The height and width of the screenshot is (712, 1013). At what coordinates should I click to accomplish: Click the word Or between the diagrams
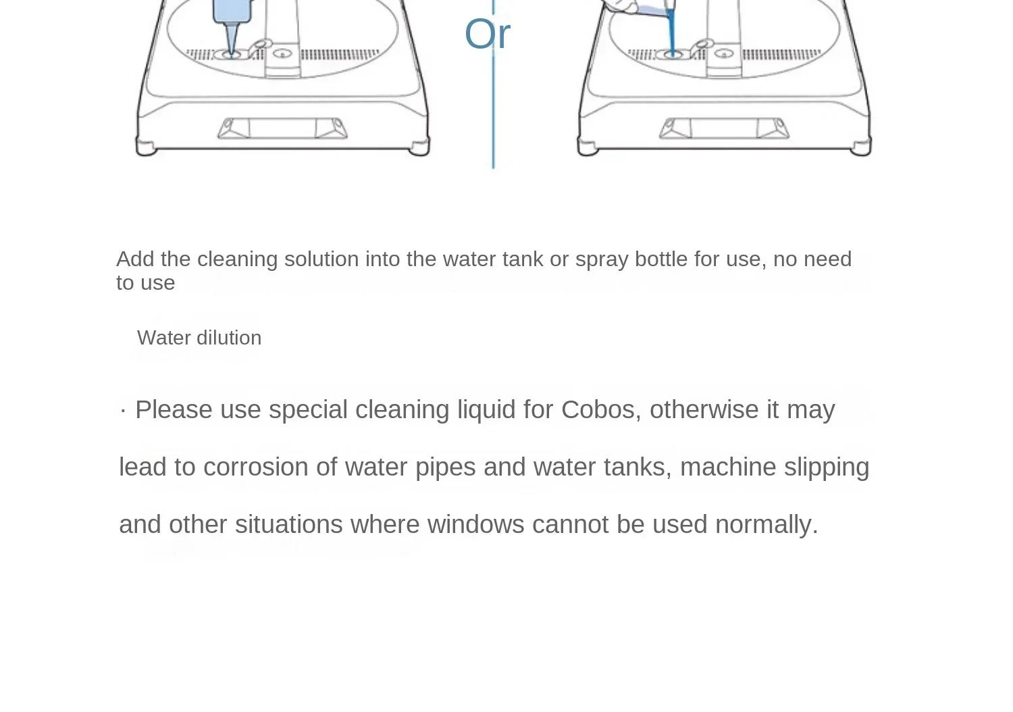click(x=487, y=34)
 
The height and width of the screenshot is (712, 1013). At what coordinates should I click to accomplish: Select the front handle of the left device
click(x=282, y=128)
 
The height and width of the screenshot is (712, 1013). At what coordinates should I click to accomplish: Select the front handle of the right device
click(x=724, y=128)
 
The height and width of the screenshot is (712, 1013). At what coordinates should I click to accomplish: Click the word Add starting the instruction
click(x=135, y=259)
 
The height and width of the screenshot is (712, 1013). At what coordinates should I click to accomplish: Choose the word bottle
click(x=661, y=259)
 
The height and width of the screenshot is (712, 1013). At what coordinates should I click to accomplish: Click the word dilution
click(x=229, y=338)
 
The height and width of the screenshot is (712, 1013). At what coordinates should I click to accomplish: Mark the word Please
click(x=174, y=409)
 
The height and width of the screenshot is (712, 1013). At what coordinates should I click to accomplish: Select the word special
click(x=308, y=410)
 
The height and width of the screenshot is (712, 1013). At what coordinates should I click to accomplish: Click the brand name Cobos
click(x=598, y=409)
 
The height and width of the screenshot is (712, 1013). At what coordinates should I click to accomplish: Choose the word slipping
click(x=826, y=467)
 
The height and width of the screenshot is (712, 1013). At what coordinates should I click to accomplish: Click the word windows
click(x=475, y=524)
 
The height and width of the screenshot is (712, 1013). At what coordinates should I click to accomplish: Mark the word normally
click(x=766, y=525)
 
